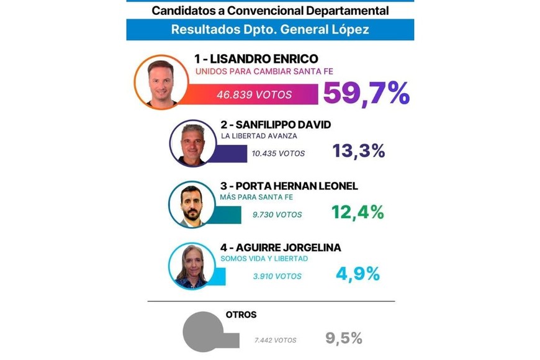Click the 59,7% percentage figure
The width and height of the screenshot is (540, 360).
366,94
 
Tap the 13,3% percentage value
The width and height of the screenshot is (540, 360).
358,151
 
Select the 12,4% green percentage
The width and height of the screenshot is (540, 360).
358,212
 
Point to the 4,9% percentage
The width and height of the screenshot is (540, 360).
358,274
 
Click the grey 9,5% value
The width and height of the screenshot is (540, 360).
343,338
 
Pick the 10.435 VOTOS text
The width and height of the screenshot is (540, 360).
278,153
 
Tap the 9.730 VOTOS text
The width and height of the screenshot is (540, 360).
277,215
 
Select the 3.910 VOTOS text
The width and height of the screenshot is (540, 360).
277,276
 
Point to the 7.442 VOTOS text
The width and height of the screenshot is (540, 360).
275,340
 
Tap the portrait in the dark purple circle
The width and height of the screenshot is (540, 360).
192,143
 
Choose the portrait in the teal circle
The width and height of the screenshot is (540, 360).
192,205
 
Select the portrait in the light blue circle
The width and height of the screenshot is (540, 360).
192,266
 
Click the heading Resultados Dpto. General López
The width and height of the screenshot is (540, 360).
270,29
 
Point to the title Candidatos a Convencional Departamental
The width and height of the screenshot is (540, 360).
270,11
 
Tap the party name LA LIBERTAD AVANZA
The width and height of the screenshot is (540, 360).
258,136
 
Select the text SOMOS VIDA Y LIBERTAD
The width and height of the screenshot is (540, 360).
264,259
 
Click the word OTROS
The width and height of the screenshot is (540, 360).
241,315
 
